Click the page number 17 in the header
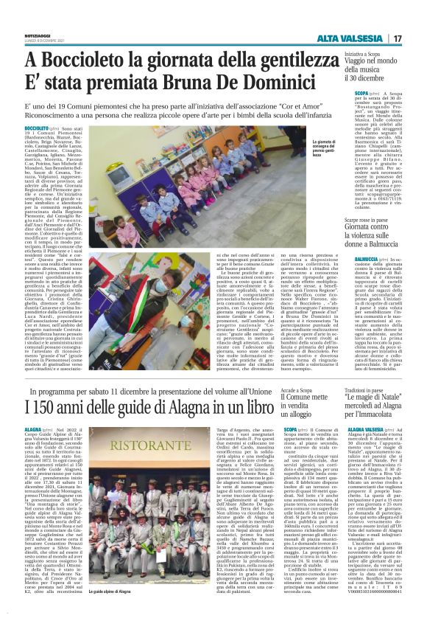pyautogui.click(x=397, y=38)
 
